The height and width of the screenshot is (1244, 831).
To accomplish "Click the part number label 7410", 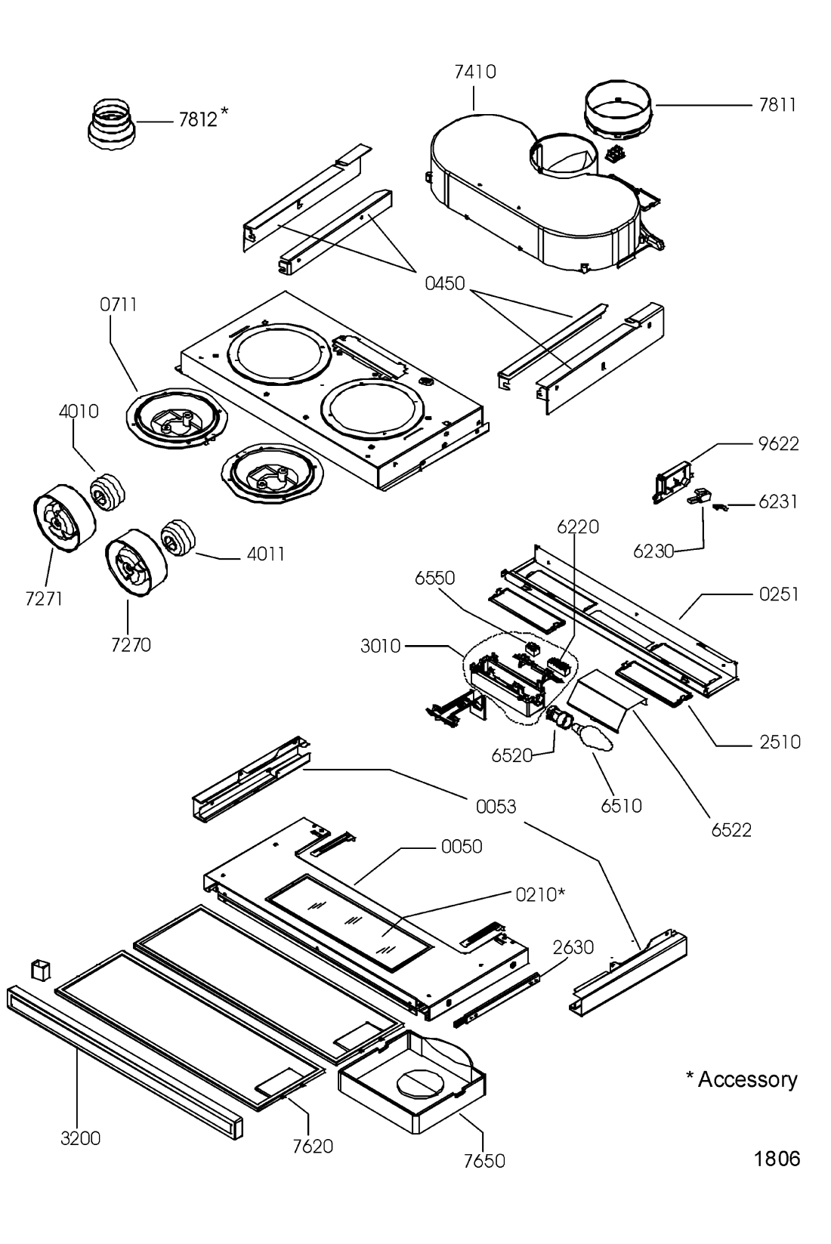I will click(475, 72).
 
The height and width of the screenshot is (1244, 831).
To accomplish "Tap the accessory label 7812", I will click(199, 119).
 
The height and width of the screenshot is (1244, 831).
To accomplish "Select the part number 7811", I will click(777, 105).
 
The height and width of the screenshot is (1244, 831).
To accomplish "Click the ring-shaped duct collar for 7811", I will click(618, 110).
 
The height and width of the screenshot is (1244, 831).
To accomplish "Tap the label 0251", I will click(779, 594).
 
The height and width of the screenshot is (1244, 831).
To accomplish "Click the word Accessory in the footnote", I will click(747, 1079).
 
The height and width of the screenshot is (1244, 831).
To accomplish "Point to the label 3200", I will click(81, 1138).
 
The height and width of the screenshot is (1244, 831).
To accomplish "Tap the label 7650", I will click(484, 1160).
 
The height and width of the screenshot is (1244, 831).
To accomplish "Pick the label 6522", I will click(731, 830).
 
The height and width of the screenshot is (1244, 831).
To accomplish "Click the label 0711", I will click(119, 304).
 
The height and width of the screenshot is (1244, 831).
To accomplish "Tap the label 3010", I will click(380, 646).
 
